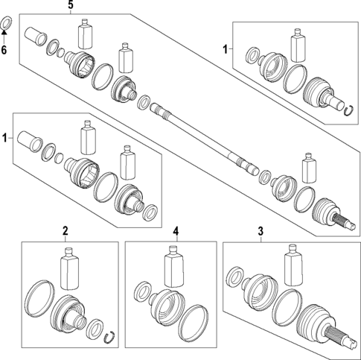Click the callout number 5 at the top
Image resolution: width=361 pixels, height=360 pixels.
coord(71,6)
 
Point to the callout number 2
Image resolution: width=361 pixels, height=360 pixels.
coord(66,232)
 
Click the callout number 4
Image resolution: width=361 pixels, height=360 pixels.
coord(176,232)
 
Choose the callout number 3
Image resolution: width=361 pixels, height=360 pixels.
coord(261,232)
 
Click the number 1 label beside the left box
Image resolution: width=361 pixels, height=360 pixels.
coord(6,139)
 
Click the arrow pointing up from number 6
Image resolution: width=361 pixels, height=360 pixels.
coord(6,39)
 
